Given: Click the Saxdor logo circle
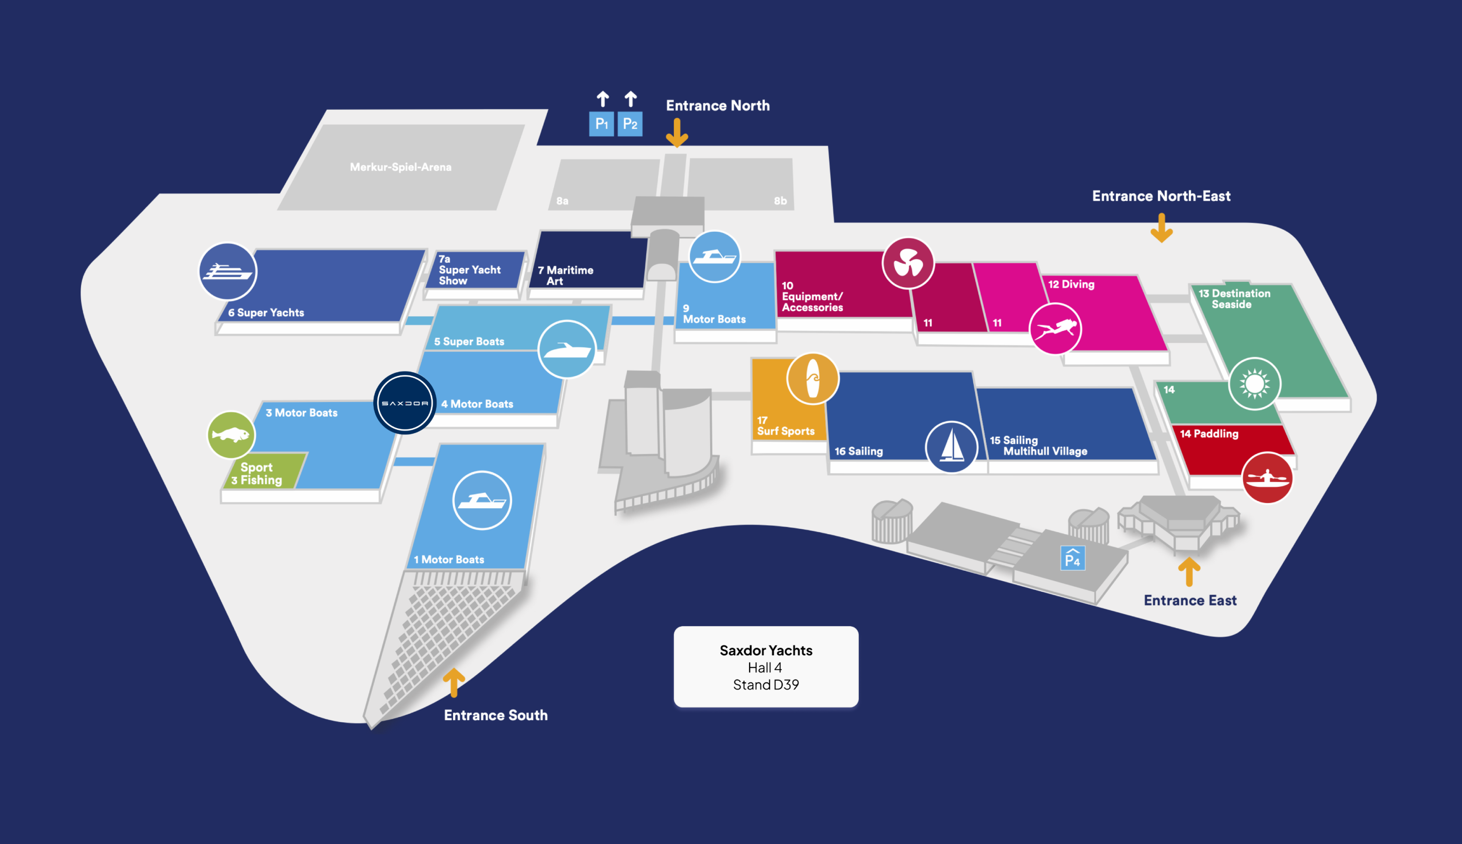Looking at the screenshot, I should coord(405,403).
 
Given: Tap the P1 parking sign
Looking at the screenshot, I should coord(601,124).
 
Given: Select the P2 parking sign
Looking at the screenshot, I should coord(629,124).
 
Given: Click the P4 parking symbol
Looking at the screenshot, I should coord(1072,558).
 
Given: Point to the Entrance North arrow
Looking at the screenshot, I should coord(677,133).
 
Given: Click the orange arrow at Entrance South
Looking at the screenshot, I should coord(454,682).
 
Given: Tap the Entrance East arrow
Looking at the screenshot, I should coord(1189,572).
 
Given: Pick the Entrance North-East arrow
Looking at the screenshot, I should coord(1161,228).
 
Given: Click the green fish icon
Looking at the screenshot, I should coord(231,435).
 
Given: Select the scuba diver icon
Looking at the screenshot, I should coord(1055,329).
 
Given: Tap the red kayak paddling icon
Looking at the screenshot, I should coord(1267,478).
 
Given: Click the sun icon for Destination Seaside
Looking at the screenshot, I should coord(1255,383).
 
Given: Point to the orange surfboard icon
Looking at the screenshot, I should coord(812,379).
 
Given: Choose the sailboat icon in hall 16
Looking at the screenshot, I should coord(951,446).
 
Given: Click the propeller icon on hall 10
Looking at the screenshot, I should coord(908,263).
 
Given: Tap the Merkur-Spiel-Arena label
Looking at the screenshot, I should coord(401,167).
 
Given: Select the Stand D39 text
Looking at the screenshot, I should coord(766,685).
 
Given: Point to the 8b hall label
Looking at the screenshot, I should coord(780,201).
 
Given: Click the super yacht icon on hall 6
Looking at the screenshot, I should coord(227,271).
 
